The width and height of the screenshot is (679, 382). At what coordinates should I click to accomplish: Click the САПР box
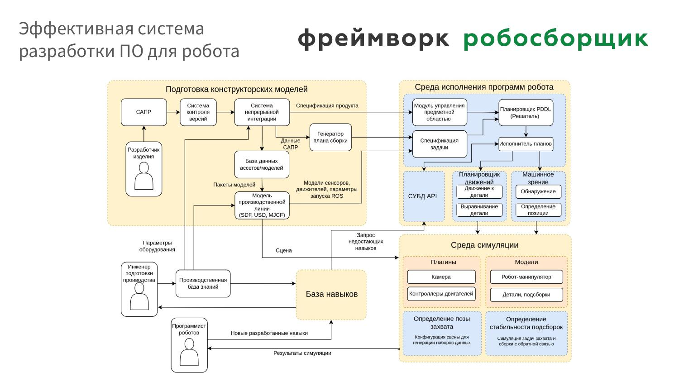tap(143, 112)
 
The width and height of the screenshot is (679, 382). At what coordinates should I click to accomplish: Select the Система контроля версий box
tap(198, 112)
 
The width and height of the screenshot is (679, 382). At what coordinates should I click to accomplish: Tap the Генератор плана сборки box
tap(330, 137)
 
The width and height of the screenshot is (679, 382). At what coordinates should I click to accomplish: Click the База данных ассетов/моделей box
tap(262, 164)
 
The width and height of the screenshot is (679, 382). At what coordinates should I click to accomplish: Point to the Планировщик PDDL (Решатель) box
tap(526, 113)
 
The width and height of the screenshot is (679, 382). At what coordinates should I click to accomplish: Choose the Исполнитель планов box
tap(526, 144)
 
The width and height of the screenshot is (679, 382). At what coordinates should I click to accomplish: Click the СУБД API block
tap(424, 196)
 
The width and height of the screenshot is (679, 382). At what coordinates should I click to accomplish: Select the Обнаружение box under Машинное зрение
tap(538, 191)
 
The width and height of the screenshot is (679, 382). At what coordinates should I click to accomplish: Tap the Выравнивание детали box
tap(479, 210)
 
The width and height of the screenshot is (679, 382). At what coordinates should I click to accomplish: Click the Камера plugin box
tap(441, 277)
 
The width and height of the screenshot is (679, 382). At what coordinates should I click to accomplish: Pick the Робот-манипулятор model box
tap(526, 277)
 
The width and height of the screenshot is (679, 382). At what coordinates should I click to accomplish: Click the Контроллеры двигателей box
tap(441, 294)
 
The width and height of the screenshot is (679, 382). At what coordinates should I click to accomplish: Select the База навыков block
tap(331, 294)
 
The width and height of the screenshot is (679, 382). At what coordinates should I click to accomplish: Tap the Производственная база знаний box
tap(203, 284)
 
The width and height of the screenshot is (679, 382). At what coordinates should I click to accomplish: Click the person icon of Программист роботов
tap(189, 353)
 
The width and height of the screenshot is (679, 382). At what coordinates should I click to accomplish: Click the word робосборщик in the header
tap(556, 39)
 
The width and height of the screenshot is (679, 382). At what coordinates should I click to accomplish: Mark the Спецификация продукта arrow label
tap(327, 106)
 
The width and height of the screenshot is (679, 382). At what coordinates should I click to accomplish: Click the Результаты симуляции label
tap(302, 353)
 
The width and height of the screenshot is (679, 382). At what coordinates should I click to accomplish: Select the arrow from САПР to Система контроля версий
tap(173, 112)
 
